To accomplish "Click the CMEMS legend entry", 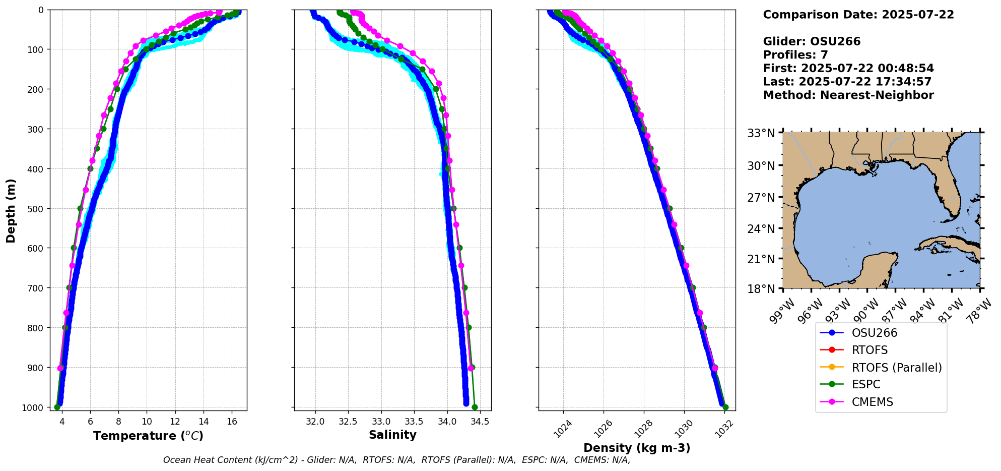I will (x=872, y=402).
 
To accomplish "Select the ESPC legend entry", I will (x=866, y=384).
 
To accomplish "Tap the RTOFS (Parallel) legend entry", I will (x=896, y=368).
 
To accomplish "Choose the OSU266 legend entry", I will (x=874, y=333).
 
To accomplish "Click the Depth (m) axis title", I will (x=11, y=210).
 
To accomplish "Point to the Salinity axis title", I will (x=392, y=435).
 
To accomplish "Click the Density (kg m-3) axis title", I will (x=637, y=448).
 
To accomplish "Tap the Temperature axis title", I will (x=148, y=436).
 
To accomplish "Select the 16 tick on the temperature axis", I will (x=232, y=422).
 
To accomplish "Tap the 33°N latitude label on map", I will (x=761, y=133).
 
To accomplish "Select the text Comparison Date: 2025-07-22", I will (x=858, y=15).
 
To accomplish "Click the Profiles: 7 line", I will (x=795, y=55).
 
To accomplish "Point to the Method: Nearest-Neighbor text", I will (x=848, y=95).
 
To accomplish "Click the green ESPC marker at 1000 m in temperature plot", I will (x=57, y=407).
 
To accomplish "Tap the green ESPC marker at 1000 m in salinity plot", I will (x=475, y=407).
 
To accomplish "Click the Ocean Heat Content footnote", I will (x=396, y=460).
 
